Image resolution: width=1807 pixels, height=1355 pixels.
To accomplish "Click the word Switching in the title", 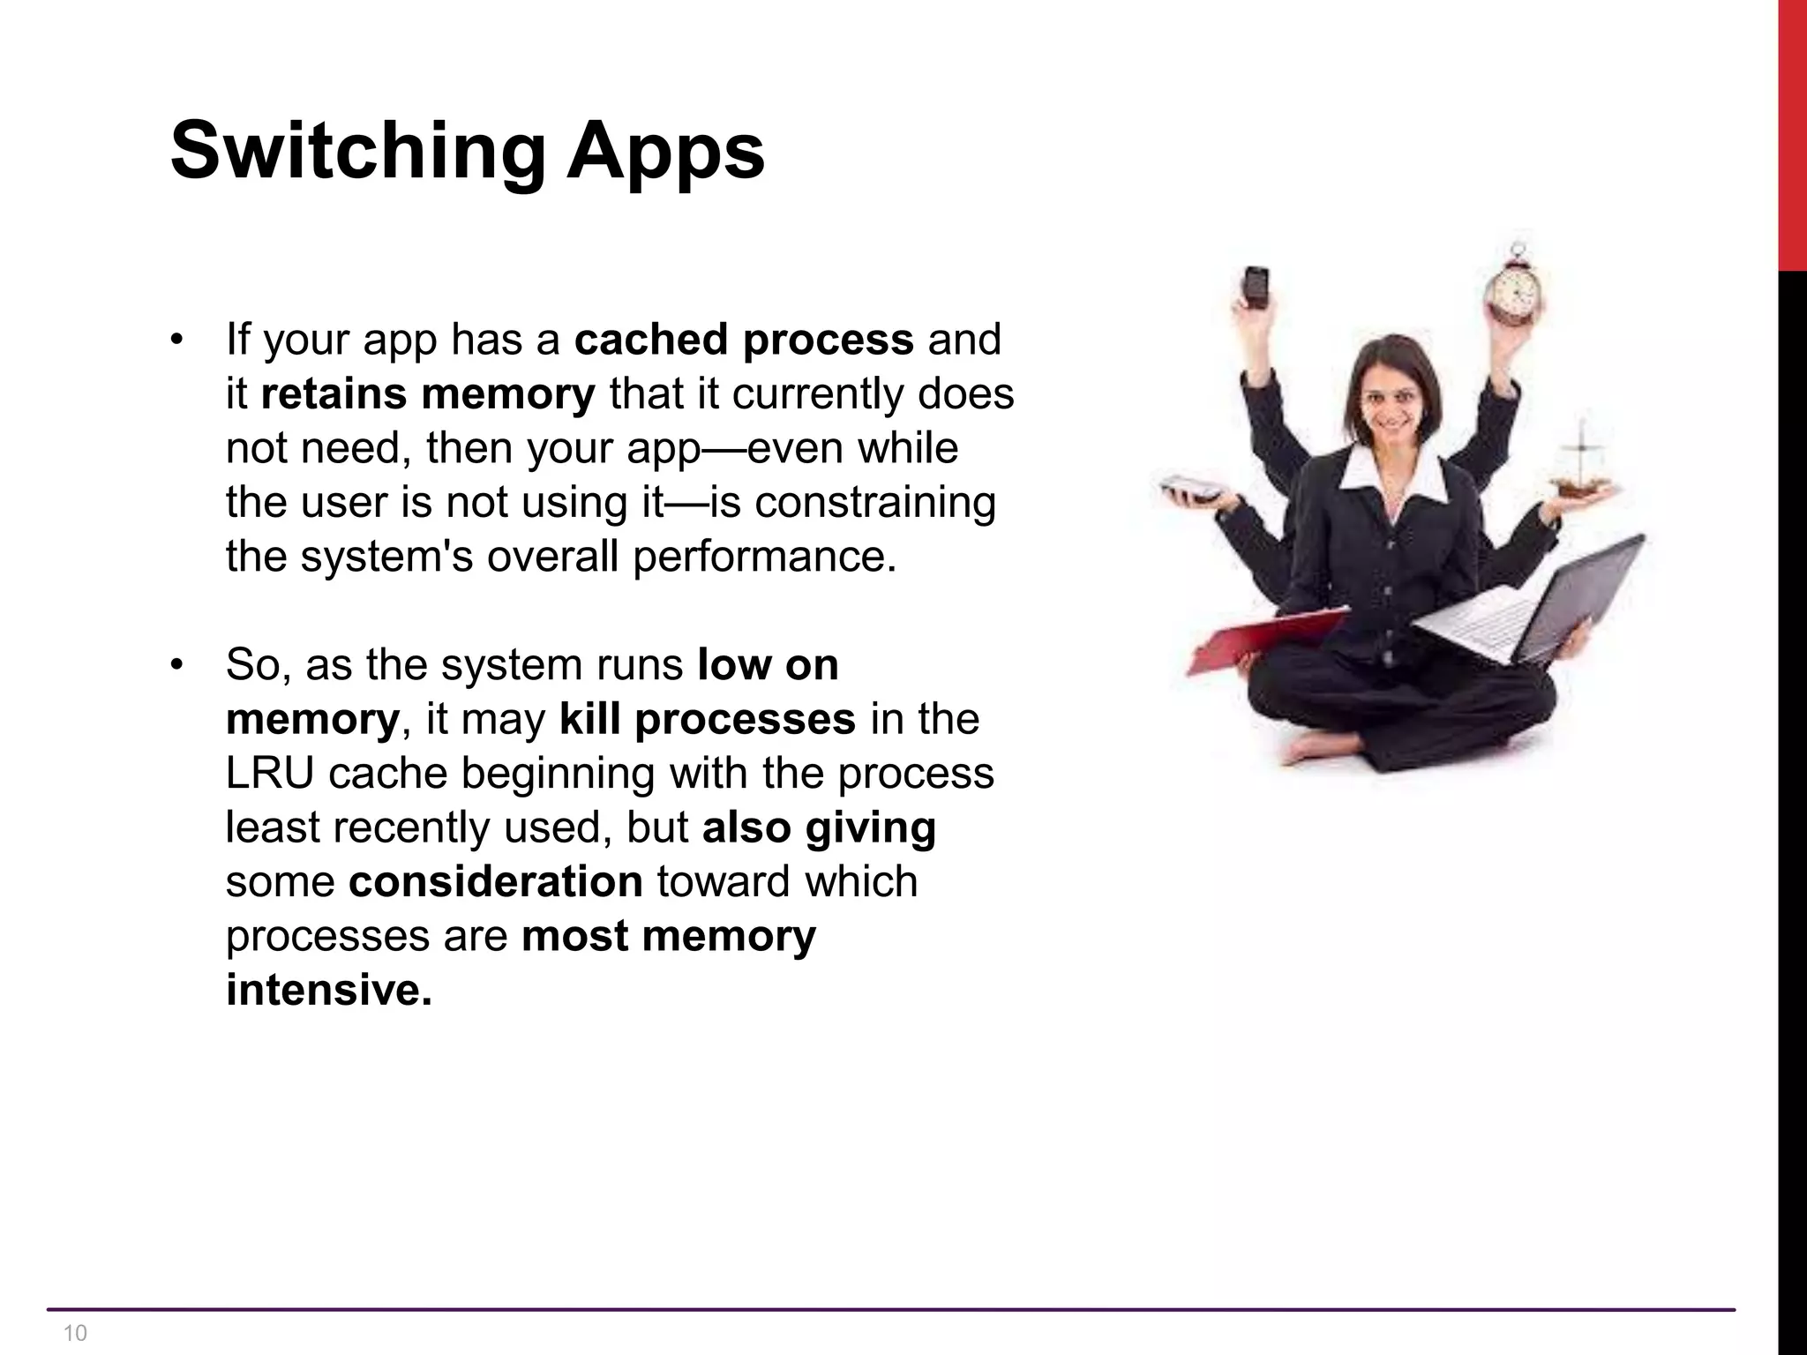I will tap(357, 152).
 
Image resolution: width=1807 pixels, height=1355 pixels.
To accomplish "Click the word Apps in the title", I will tap(665, 152).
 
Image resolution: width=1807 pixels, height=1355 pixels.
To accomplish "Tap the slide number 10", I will tap(76, 1333).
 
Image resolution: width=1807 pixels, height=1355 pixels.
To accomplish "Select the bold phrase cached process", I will tap(744, 340).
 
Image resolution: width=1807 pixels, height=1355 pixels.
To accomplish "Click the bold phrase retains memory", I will tap(428, 394).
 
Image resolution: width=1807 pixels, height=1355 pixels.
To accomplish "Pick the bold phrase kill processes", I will tap(707, 719).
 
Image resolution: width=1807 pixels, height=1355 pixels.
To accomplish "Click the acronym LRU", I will tap(269, 774).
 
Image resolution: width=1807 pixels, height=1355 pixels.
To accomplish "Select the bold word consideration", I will tap(495, 882).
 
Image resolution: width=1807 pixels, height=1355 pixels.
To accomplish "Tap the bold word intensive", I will tap(328, 990).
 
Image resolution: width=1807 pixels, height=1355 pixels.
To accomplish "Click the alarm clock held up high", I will tap(1514, 287).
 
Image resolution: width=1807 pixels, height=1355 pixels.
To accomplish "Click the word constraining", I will tap(875, 503).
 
